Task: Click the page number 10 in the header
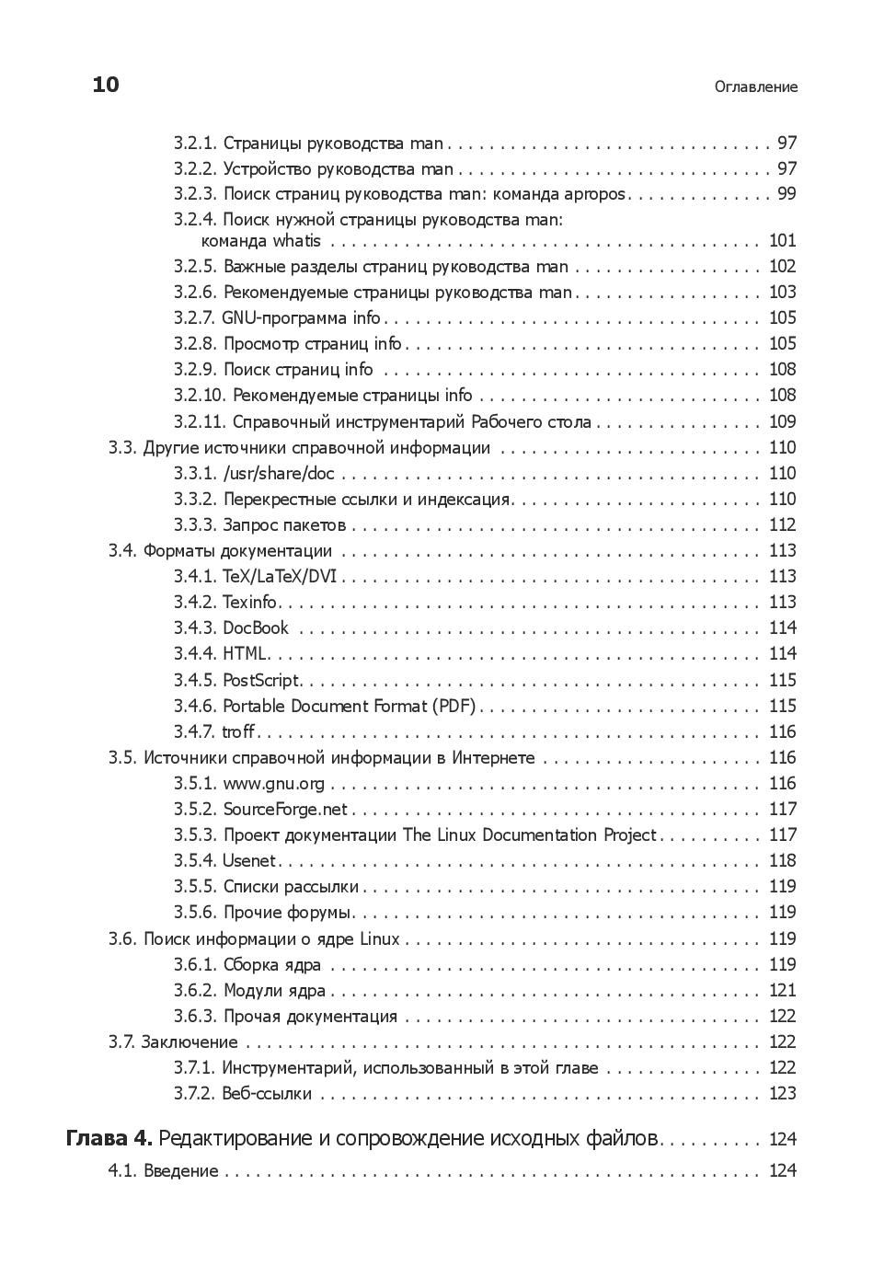pos(106,85)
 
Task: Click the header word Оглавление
pos(755,86)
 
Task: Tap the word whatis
pos(296,241)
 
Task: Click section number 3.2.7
pos(195,318)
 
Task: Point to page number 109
pos(782,422)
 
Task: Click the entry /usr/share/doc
pos(279,474)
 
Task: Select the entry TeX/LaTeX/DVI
pos(280,577)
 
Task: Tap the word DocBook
pos(256,628)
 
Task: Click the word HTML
pos(245,654)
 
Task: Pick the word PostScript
pos(261,681)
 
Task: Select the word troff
pos(238,732)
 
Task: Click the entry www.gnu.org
pos(273,784)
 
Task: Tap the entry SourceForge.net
pos(285,810)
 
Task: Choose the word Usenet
pos(249,861)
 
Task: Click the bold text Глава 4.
pos(109,1139)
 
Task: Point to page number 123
pos(782,1094)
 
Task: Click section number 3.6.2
pos(195,991)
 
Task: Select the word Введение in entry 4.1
pos(180,1171)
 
